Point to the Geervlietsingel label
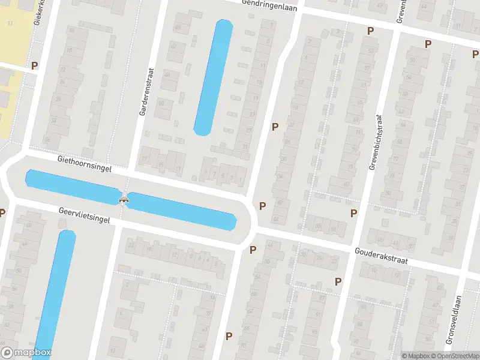point(85,215)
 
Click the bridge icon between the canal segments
point(124,197)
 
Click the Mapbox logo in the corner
point(26,353)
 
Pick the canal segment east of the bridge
point(183,211)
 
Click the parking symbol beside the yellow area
point(34,65)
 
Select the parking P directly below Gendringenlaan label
point(370,31)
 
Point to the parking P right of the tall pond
point(275,127)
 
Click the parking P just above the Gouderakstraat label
point(353,213)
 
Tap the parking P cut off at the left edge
point(2,212)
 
